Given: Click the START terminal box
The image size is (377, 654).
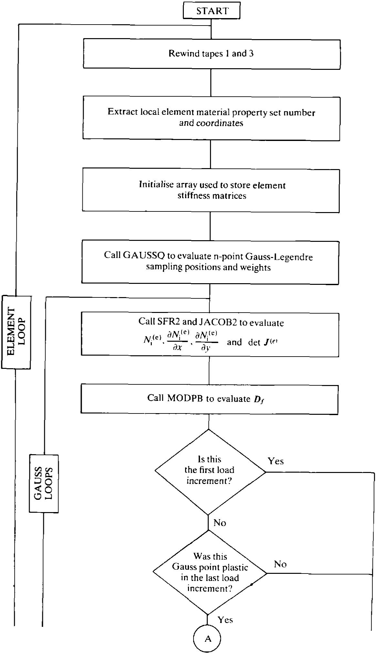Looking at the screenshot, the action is pos(212,11).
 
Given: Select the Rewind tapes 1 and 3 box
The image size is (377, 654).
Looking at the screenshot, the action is pos(212,54).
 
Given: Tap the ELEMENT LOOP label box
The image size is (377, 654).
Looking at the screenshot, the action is pos(16,332).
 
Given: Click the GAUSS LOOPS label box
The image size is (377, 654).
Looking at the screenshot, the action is pos(44,483).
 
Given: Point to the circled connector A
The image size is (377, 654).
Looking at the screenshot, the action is pos(207,639).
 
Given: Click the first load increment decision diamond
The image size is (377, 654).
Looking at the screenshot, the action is pos(210,471).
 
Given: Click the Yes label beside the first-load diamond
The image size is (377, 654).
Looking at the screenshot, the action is pos(276,461).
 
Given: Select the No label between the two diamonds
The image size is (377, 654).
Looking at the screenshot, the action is pos(220,523).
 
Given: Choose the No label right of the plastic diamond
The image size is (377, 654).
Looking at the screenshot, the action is pos(280,564).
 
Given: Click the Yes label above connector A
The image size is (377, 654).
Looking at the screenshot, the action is pos(225,620).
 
